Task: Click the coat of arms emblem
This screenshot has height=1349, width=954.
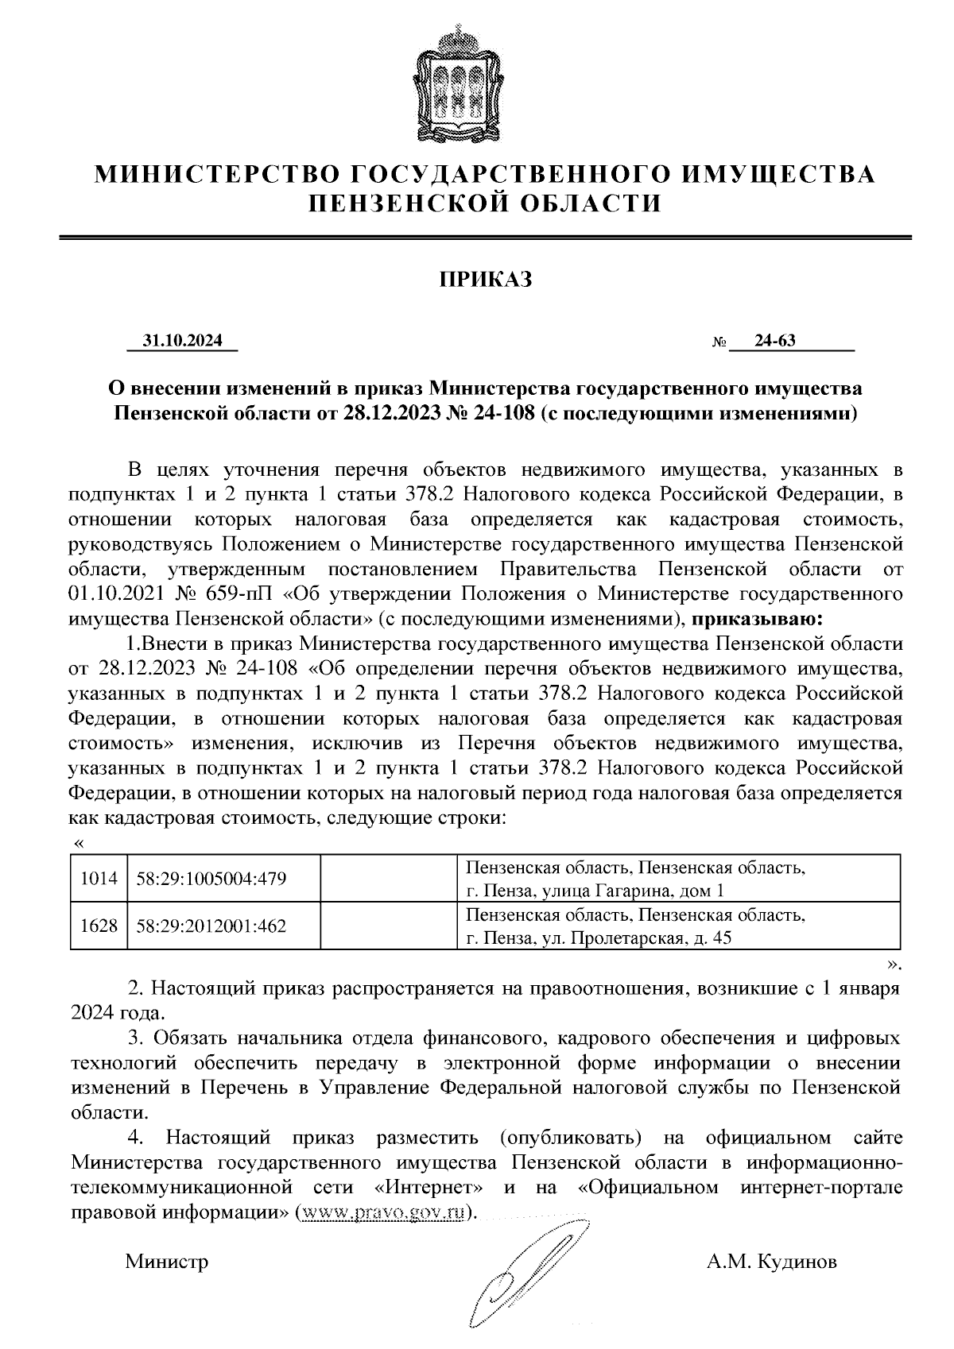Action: [x=457, y=83]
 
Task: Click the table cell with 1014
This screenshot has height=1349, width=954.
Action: [x=99, y=879]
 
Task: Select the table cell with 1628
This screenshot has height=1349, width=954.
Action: [x=99, y=926]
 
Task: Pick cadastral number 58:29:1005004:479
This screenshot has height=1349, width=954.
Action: [x=211, y=879]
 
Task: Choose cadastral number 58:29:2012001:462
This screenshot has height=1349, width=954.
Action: [x=211, y=926]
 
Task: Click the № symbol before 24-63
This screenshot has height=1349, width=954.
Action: [x=718, y=343]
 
